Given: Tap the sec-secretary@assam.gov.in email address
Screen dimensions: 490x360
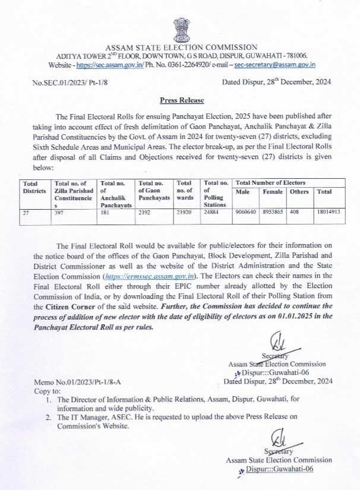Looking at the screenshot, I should (274, 64).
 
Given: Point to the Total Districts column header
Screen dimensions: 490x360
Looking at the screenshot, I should (34, 187).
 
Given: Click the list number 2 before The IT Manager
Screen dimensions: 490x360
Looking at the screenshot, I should (47, 418).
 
